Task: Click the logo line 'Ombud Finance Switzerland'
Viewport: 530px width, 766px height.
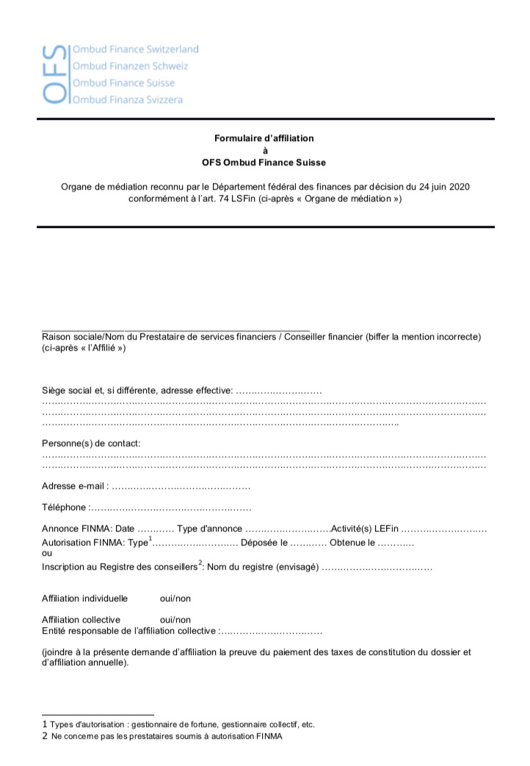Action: point(135,49)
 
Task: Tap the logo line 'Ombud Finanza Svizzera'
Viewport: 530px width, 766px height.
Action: point(128,99)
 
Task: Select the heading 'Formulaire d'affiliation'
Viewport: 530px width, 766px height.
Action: point(264,138)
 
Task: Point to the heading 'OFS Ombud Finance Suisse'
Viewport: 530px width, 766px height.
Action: point(264,162)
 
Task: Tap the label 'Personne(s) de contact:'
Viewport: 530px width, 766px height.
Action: point(91,443)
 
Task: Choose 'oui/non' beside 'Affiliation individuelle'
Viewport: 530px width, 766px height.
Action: point(175,598)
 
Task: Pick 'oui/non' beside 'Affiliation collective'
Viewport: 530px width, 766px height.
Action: point(175,620)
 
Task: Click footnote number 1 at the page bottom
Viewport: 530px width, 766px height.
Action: point(45,724)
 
